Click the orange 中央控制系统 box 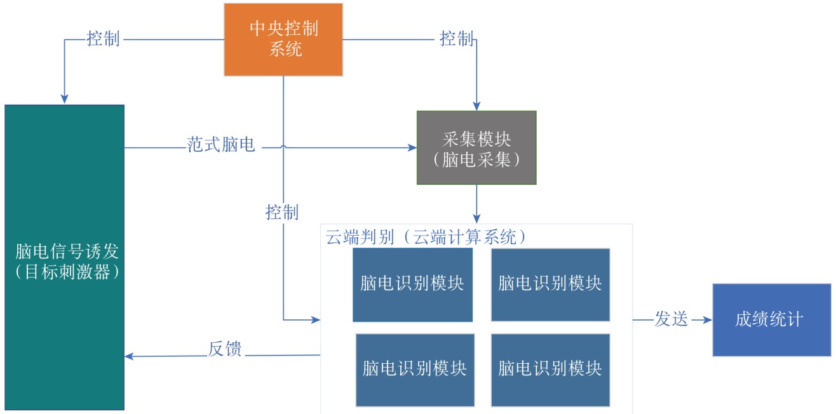[283, 39]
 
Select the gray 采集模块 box [476, 148]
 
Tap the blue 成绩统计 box [772, 320]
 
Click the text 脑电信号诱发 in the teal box [65, 251]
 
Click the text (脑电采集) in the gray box [476, 159]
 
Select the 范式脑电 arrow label [221, 145]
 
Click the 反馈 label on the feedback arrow [225, 349]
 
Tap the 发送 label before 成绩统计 [671, 320]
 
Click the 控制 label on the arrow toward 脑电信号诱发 [103, 39]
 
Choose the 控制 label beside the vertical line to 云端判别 [282, 212]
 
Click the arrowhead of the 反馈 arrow [129, 356]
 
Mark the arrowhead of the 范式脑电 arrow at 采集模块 [412, 149]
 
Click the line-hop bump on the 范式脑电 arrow [283, 147]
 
